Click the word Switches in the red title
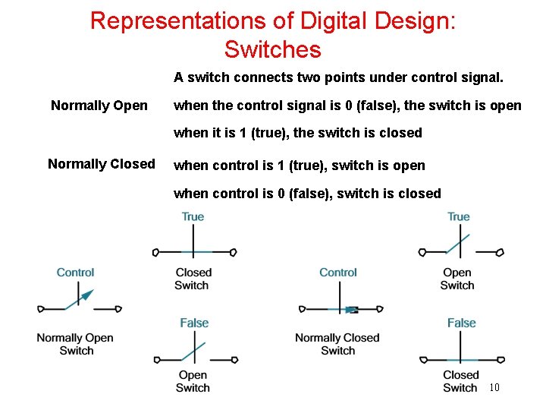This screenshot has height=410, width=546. point(273,50)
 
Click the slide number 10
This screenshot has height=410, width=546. point(494,388)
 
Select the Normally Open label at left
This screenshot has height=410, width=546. point(99,106)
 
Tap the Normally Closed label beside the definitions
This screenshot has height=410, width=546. point(102,164)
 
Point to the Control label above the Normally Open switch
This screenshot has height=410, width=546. point(76,273)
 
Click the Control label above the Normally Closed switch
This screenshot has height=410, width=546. point(338,273)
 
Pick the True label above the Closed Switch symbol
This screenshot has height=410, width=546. point(193,217)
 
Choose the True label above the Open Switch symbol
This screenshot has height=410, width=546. point(459,217)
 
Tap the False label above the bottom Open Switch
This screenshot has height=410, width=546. point(194,323)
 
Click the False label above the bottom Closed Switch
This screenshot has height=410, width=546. point(461,323)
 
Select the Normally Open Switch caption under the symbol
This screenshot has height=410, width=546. point(75,344)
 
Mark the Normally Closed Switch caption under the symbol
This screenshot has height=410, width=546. point(337,344)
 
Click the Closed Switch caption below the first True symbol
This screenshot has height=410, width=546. point(193,279)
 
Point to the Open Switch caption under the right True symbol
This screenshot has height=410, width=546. point(457,279)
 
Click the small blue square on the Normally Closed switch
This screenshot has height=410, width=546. point(351,310)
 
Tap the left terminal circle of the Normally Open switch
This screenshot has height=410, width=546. point(41,309)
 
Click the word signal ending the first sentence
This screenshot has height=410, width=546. point(484,77)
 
